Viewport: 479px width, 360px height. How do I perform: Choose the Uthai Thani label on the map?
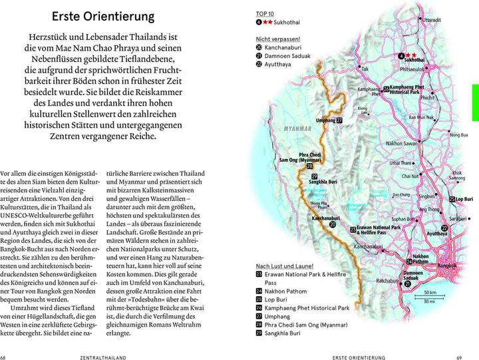coord(404,162)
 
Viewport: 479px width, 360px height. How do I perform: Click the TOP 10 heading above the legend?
coord(265,13)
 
